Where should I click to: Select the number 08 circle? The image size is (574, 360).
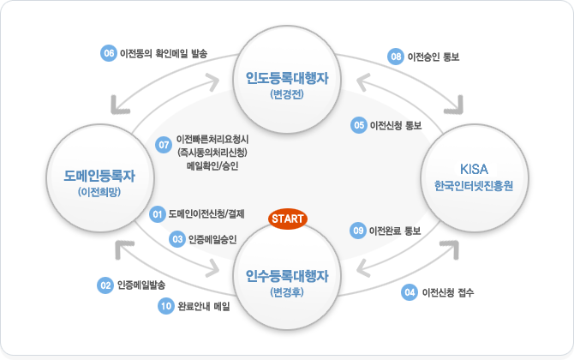point(395,57)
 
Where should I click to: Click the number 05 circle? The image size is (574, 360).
point(358,125)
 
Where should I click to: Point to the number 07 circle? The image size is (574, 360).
point(164,146)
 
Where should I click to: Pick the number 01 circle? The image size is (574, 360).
point(157,213)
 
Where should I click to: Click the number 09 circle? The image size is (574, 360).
point(358,230)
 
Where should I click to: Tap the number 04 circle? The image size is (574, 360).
point(409,292)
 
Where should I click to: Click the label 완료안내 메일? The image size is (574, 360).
point(205,306)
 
